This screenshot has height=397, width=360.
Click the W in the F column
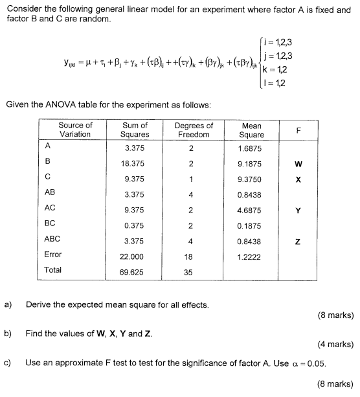pyautogui.click(x=298, y=164)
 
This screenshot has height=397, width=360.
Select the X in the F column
pyautogui.click(x=298, y=179)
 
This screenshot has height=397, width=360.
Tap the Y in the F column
pyautogui.click(x=298, y=209)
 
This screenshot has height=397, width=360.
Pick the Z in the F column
pyautogui.click(x=298, y=240)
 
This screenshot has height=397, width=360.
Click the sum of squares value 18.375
pyautogui.click(x=135, y=164)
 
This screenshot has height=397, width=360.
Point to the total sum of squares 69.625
pyautogui.click(x=135, y=270)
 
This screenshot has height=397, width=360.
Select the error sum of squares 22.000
pyautogui.click(x=135, y=255)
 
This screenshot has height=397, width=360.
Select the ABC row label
pyautogui.click(x=52, y=239)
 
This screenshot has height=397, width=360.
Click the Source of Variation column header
pyautogui.click(x=75, y=130)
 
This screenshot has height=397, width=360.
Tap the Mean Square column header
pyautogui.click(x=252, y=130)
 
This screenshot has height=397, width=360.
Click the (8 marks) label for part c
pyautogui.click(x=335, y=384)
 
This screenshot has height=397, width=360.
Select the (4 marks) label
pyautogui.click(x=335, y=345)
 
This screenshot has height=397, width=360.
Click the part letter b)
pyautogui.click(x=8, y=334)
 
